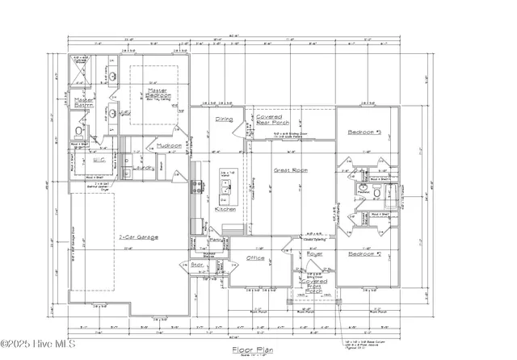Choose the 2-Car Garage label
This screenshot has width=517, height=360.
[138, 237]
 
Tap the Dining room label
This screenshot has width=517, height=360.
[224, 119]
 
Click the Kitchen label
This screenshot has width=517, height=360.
[225, 209]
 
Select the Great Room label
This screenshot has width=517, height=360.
[288, 170]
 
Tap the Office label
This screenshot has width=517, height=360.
[255, 258]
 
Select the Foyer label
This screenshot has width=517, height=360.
[314, 253]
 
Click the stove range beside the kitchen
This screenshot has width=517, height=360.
[195, 187]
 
